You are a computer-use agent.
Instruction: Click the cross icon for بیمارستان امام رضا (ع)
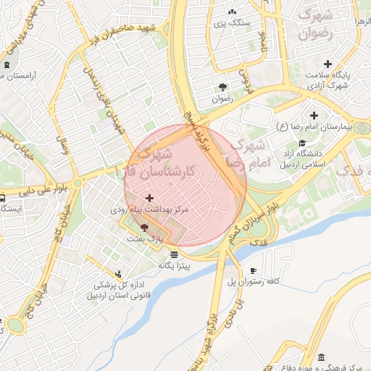click(x=314, y=115)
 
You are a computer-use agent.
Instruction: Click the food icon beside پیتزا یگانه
click(x=175, y=254)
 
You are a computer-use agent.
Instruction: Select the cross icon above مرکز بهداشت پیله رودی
click(x=150, y=198)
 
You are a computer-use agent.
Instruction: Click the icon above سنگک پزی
click(x=232, y=12)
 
